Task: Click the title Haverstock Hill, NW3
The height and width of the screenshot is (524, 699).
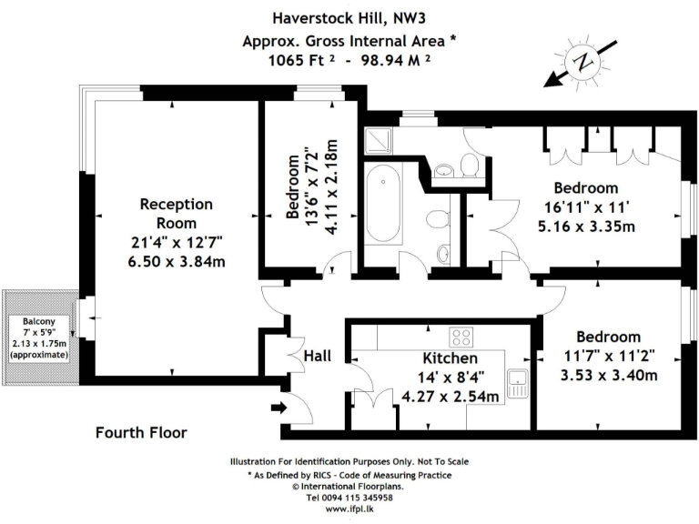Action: click(349, 16)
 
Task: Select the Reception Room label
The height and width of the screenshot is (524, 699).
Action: click(176, 214)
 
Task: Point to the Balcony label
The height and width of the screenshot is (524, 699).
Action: click(39, 321)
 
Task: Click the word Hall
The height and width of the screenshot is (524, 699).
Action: click(319, 355)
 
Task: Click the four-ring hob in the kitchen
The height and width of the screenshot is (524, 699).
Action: click(461, 338)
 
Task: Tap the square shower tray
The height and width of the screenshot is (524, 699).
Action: click(375, 140)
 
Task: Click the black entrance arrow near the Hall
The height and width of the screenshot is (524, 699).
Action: click(279, 408)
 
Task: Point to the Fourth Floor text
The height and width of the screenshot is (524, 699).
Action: click(141, 433)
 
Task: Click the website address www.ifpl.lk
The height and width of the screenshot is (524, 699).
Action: click(349, 509)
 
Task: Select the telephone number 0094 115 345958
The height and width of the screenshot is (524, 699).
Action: click(349, 498)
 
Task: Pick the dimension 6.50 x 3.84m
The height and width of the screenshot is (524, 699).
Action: click(176, 262)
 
